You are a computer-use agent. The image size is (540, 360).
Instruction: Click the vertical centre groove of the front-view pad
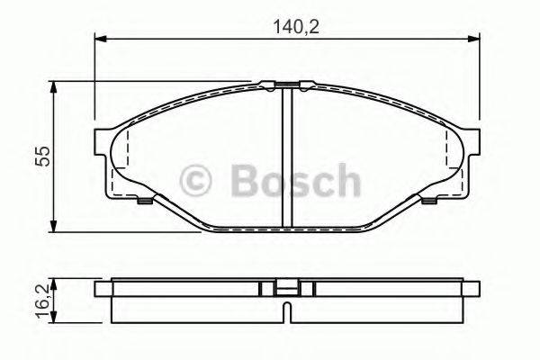(286, 157)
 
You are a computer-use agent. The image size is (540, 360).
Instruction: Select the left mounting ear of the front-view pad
(103, 142)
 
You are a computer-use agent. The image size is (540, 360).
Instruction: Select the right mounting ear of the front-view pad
(472, 142)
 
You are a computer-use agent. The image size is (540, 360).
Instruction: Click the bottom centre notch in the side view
(286, 314)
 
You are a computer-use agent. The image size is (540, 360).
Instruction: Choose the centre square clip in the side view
(286, 290)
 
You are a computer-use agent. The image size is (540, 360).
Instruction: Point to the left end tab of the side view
(102, 290)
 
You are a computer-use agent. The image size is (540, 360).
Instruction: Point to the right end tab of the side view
(472, 290)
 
